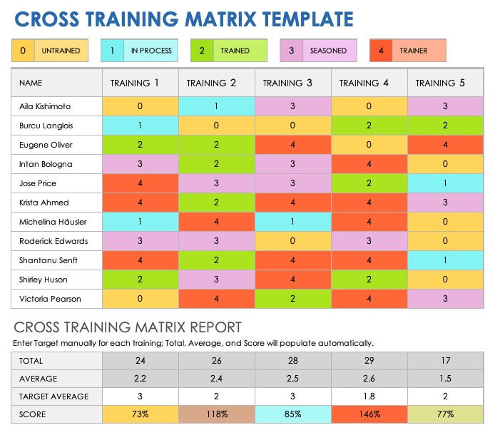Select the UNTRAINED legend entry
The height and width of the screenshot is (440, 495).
(x=61, y=51)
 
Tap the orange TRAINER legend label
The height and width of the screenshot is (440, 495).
(x=414, y=51)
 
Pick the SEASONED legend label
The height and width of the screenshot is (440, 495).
(x=327, y=51)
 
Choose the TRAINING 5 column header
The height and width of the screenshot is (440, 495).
(x=440, y=83)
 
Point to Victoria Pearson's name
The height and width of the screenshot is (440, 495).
(x=51, y=299)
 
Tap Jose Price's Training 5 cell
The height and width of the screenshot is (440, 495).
(x=445, y=183)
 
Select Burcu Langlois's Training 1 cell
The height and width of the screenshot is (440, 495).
(x=140, y=126)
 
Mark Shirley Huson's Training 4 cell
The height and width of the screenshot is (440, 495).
(x=369, y=280)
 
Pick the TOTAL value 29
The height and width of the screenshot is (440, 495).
(x=369, y=360)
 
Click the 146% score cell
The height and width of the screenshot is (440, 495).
(x=369, y=414)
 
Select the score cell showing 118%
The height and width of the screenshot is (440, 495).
(x=216, y=414)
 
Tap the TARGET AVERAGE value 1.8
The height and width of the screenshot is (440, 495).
(x=369, y=396)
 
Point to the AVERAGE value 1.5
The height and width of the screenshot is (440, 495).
(x=445, y=378)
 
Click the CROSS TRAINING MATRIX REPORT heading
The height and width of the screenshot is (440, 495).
(x=128, y=328)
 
